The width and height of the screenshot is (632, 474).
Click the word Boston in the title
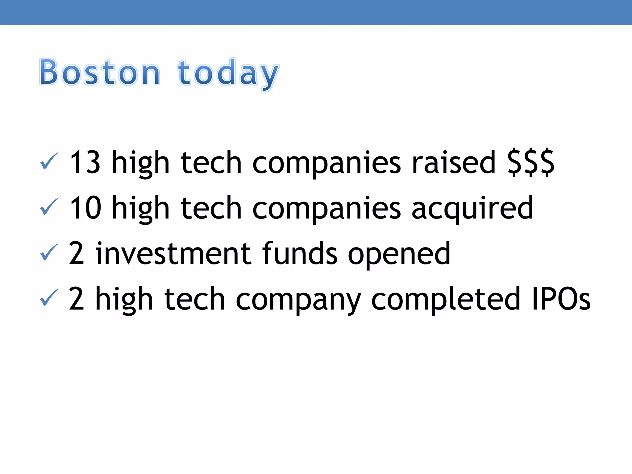(99, 72)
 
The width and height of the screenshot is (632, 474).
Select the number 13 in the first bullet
(85, 162)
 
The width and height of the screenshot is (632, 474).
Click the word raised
(454, 162)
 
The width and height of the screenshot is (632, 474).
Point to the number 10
(85, 208)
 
